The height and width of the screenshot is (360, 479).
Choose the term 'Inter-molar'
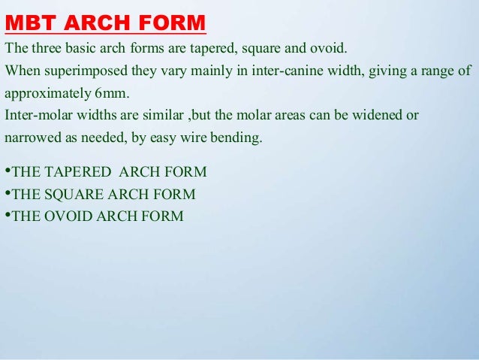(35, 116)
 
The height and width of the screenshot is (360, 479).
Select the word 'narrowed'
(30, 138)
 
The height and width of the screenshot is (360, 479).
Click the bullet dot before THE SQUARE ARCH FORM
(7, 194)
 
